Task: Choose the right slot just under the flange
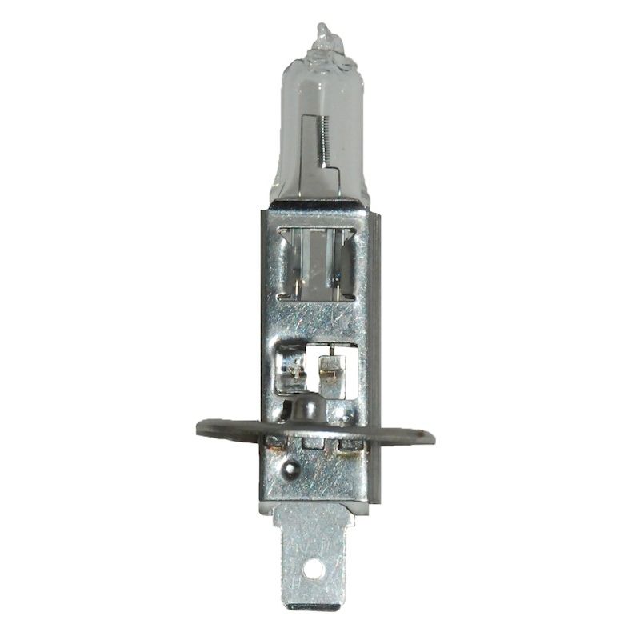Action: coord(349,444)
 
